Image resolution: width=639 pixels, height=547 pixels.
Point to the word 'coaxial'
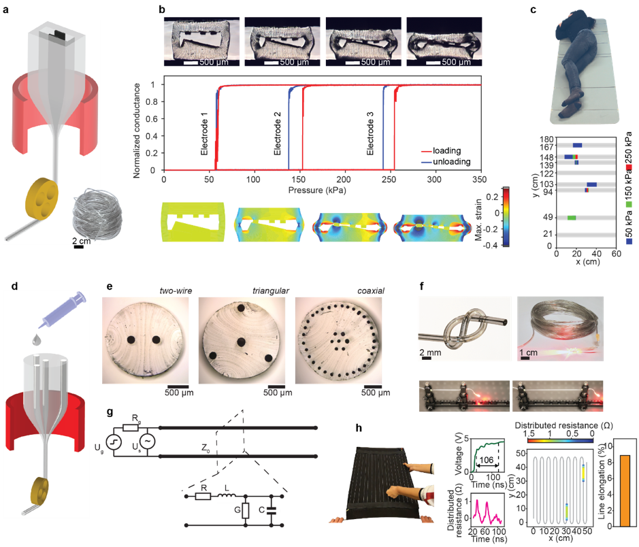tap(371, 291)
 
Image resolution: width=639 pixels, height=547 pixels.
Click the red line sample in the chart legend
tap(427, 150)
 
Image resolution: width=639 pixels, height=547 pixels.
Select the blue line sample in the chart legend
tap(427, 162)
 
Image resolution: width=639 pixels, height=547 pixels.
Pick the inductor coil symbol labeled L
tap(226, 497)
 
